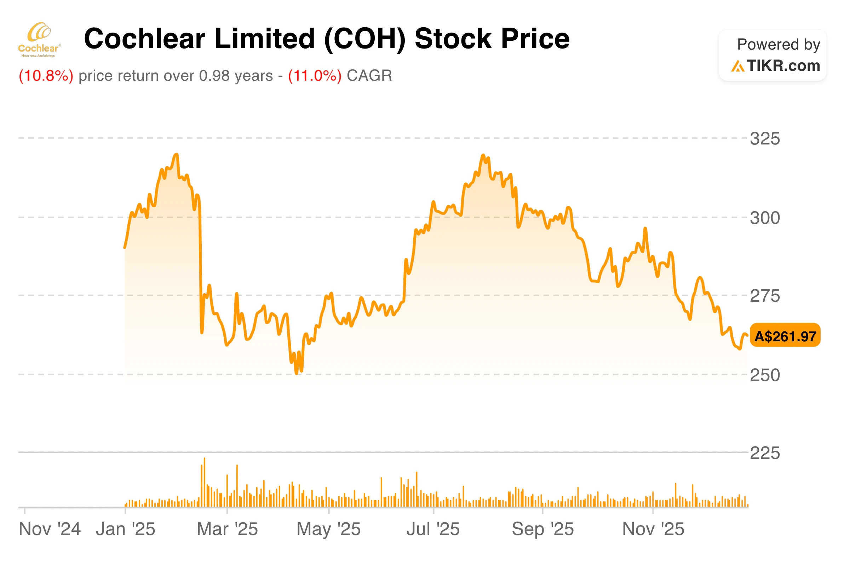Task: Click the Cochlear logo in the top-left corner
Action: coord(40,40)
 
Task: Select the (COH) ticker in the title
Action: coord(364,39)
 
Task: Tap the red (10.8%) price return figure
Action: coord(46,76)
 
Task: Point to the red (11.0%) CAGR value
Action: coord(315,76)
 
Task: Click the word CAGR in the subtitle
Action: coord(369,76)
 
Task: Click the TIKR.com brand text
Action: coord(783,66)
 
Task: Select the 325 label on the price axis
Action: coord(765,138)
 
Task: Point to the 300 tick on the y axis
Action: coord(765,218)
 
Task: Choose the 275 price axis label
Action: coord(765,296)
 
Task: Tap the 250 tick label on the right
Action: coord(765,375)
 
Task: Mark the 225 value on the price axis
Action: coord(765,453)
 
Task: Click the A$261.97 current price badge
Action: coord(785,336)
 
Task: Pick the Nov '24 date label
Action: coord(50,529)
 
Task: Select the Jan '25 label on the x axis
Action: coord(125,529)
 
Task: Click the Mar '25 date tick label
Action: coord(227,529)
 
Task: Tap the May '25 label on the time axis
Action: coord(328,529)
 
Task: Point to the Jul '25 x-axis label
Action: coord(433,529)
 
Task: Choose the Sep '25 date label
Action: coord(542,529)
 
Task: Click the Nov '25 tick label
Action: coord(653,529)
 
